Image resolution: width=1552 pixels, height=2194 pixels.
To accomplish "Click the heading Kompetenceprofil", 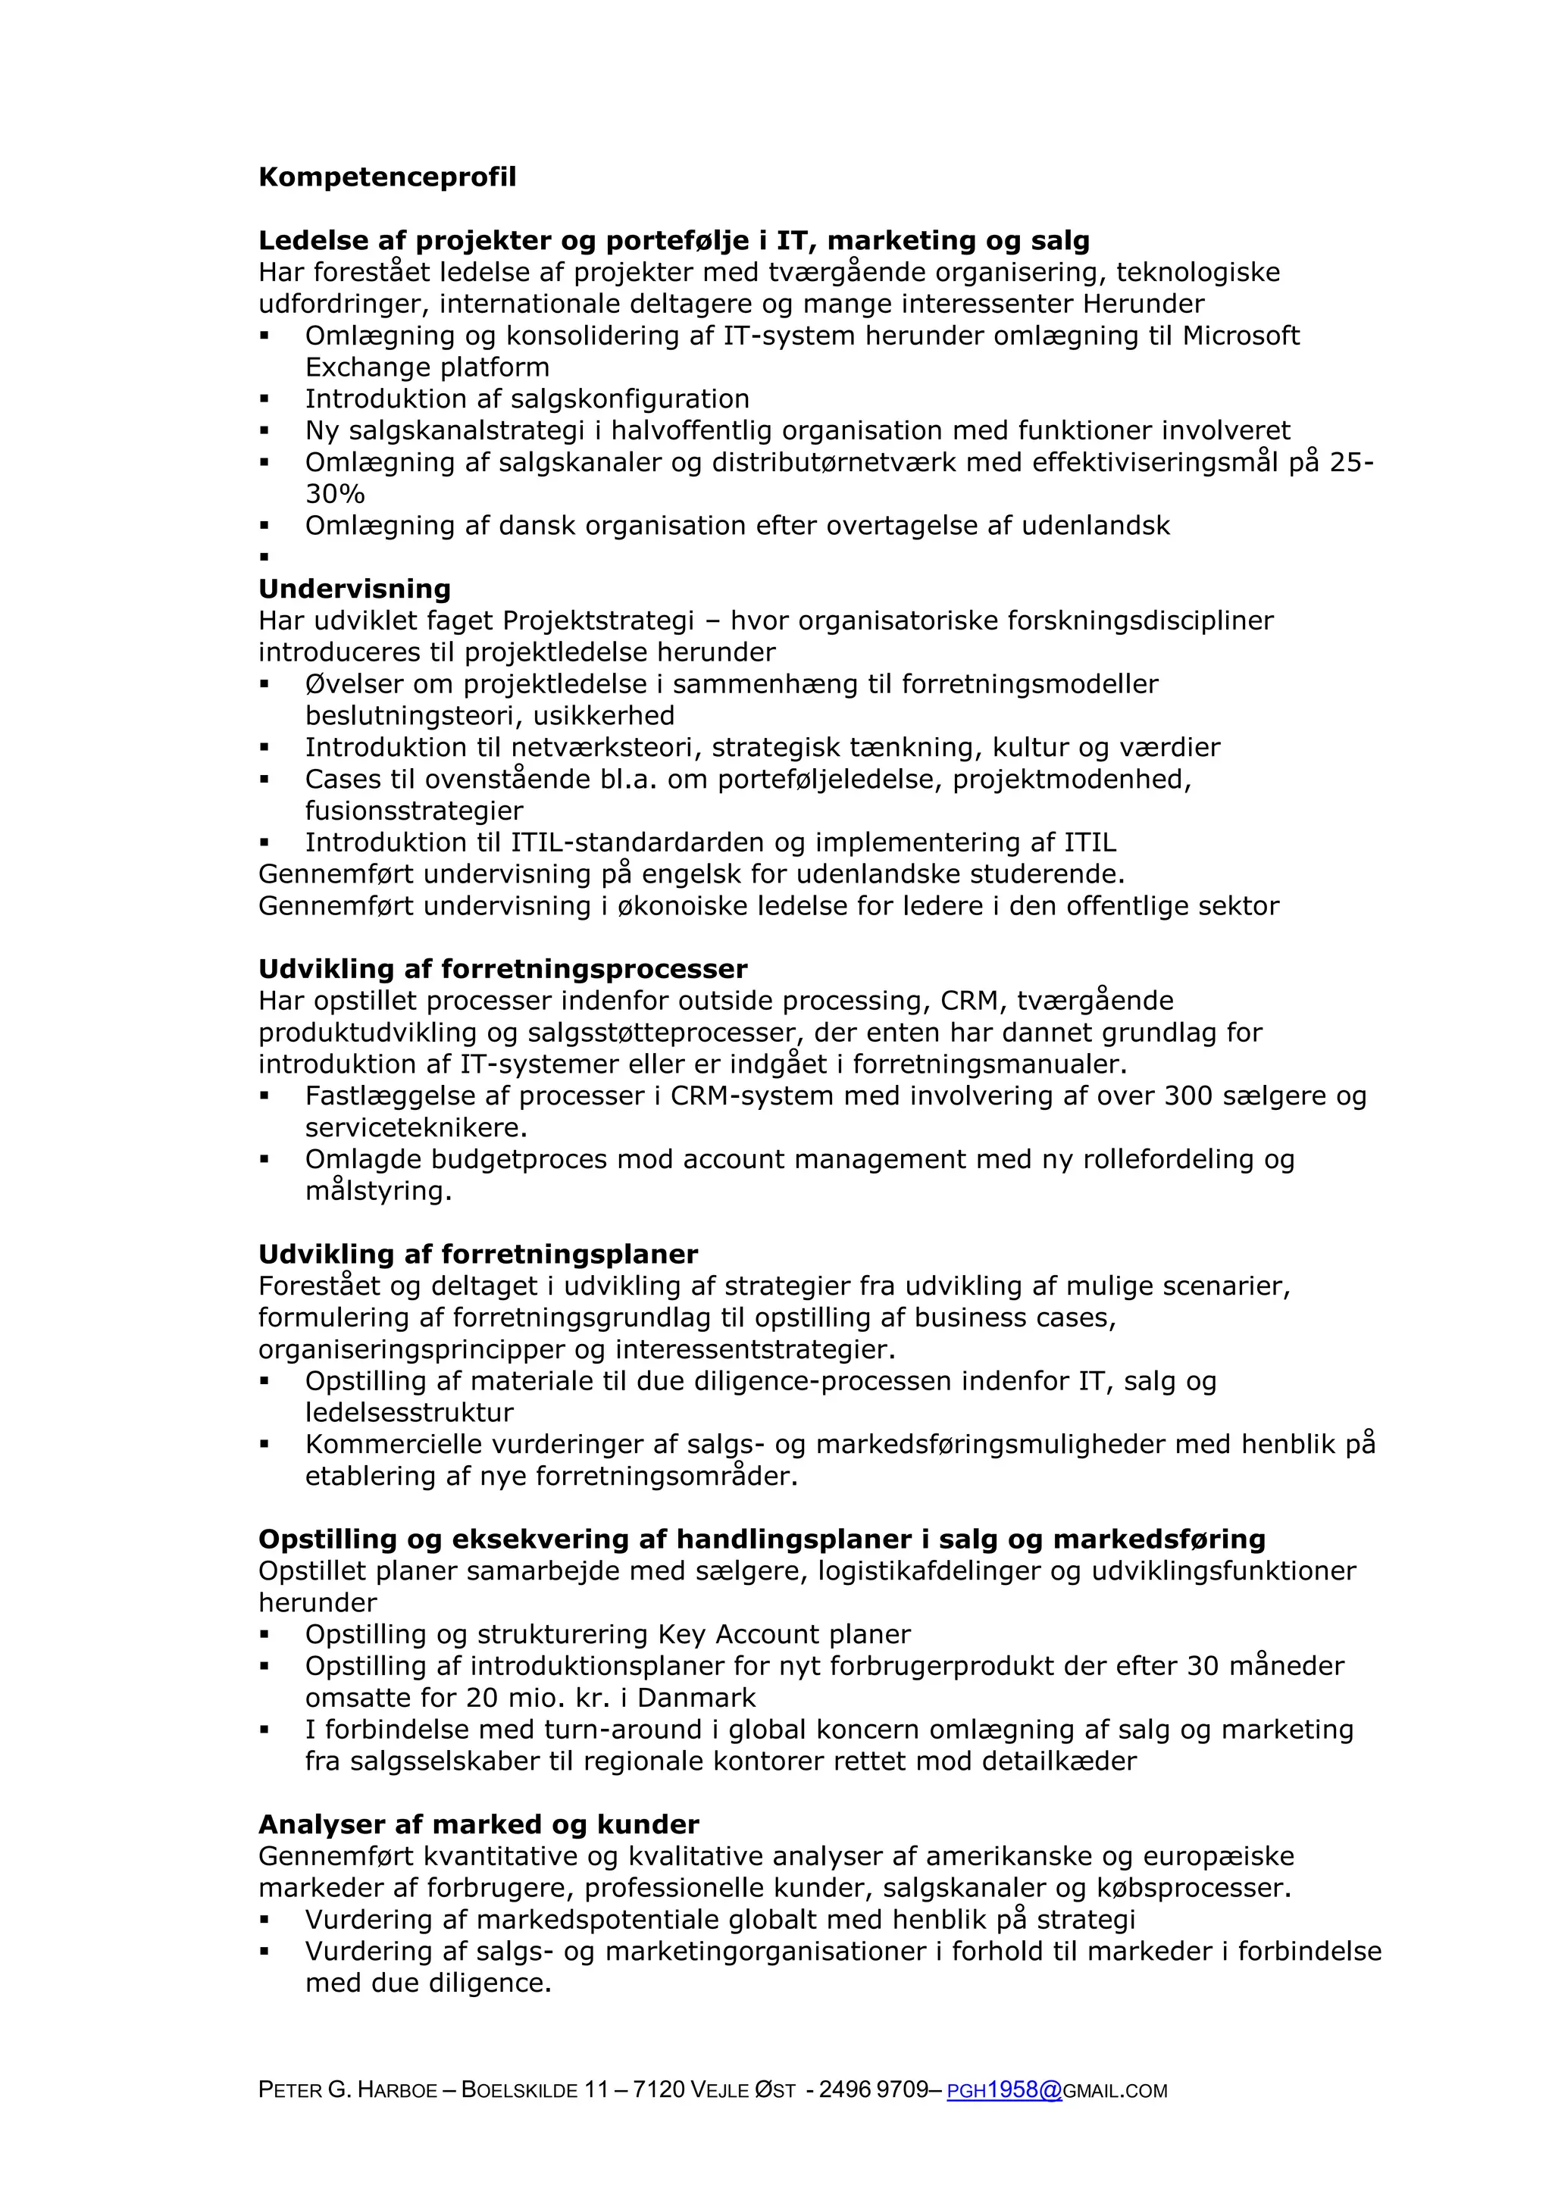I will pyautogui.click(x=387, y=178).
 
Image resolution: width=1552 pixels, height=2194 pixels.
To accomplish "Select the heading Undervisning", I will pyautogui.click(x=355, y=589).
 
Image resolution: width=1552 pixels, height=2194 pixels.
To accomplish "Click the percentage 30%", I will pyautogui.click(x=334, y=494).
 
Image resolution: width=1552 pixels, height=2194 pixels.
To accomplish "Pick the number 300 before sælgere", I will pyautogui.click(x=1189, y=1096).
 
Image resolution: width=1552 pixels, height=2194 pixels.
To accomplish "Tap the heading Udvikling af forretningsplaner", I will pyautogui.click(x=478, y=1254).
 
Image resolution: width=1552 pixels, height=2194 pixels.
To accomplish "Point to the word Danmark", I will pyautogui.click(x=696, y=1698).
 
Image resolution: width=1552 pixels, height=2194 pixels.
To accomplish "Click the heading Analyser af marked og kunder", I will pyautogui.click(x=479, y=1824).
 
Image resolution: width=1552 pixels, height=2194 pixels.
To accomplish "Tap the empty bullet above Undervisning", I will pyautogui.click(x=264, y=557).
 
